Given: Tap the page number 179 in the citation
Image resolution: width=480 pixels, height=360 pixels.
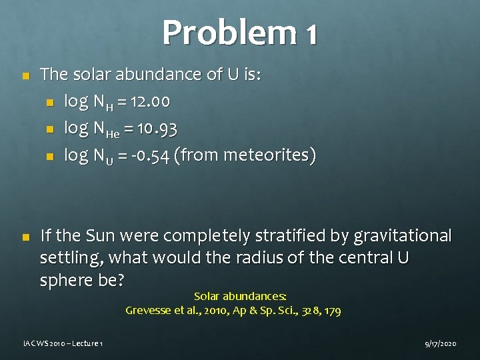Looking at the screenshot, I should [331, 310].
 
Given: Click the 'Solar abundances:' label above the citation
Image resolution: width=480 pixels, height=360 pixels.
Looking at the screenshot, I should [240, 295].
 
